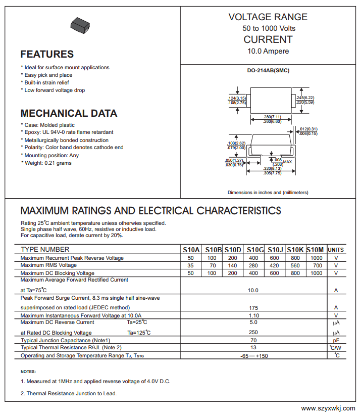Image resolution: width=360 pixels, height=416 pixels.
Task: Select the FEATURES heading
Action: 47,54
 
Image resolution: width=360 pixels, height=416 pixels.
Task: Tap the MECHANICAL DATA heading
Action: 69,113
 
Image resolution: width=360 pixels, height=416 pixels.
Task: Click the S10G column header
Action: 255,250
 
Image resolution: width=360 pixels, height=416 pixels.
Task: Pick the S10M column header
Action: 316,250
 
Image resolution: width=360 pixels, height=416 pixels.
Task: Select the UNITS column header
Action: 336,250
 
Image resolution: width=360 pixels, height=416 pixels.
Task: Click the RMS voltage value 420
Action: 274,265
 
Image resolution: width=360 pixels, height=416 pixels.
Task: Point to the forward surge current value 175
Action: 253,307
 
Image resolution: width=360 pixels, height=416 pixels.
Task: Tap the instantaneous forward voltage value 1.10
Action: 253,315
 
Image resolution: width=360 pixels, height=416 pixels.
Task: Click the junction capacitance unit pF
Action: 336,340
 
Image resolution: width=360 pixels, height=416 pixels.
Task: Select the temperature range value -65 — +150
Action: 253,356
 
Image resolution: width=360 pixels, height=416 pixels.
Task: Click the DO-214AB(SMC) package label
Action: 268,70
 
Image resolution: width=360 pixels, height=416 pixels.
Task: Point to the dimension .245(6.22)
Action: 305,98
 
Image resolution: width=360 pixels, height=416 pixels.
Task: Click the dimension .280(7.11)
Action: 272,117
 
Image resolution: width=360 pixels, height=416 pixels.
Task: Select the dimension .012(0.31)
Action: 308,129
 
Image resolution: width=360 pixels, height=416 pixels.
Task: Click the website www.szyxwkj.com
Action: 328,408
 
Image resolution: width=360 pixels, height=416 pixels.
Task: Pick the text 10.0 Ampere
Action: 268,51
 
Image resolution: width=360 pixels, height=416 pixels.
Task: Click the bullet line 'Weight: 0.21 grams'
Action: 47,163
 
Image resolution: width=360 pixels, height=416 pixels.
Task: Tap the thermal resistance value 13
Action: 253,348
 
